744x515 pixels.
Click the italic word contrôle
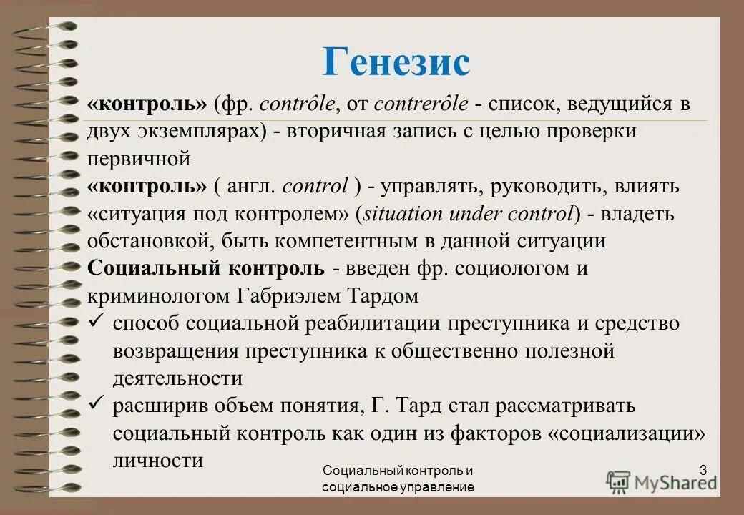[297, 105]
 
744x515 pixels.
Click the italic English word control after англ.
[315, 187]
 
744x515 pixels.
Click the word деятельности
[177, 378]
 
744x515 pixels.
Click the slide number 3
[703, 471]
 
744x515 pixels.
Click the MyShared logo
[662, 482]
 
